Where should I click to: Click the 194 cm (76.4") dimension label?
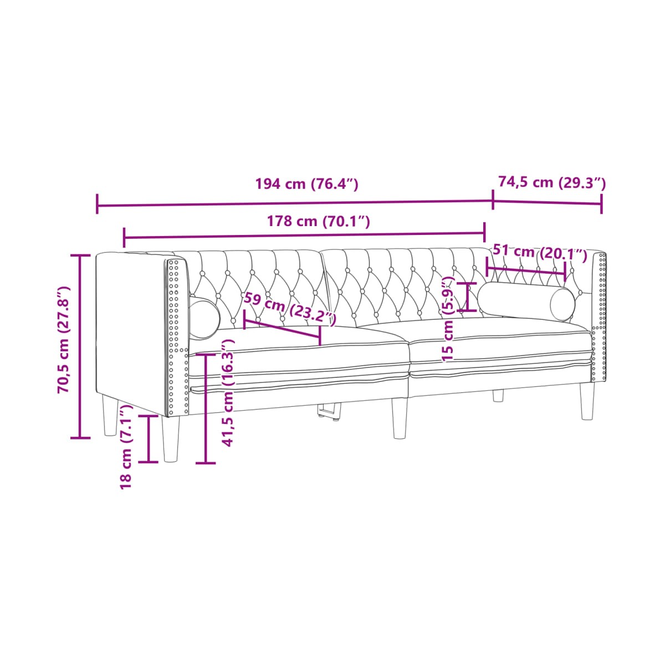306,184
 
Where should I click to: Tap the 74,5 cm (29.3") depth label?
552,182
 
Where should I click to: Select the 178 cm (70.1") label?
319,221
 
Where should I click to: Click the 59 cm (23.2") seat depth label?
289,308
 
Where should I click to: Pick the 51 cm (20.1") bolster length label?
540,253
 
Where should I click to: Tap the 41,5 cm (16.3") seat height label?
228,393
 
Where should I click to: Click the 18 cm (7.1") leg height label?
126,447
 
